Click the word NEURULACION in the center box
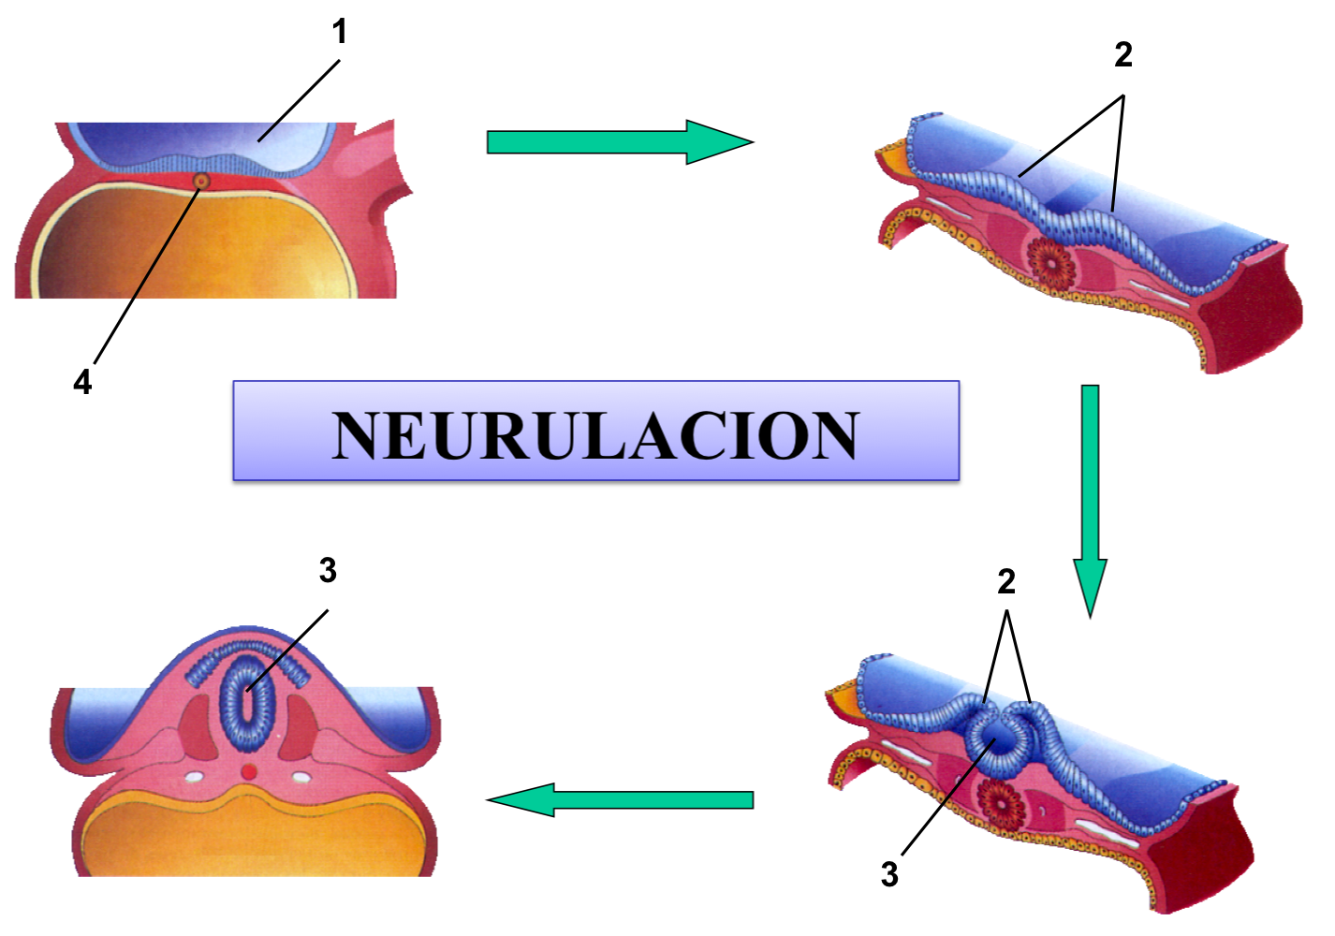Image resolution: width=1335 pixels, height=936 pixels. click(595, 434)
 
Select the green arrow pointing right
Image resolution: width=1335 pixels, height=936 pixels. click(618, 142)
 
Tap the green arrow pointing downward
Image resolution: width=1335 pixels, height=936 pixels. click(1090, 496)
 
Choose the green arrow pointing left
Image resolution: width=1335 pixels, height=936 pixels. click(622, 800)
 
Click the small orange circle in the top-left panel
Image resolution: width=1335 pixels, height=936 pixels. click(200, 181)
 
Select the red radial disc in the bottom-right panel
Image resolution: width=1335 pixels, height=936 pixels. click(1000, 803)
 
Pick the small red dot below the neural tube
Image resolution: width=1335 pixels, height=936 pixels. click(249, 771)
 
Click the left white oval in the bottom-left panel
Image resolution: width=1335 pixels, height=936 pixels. click(195, 776)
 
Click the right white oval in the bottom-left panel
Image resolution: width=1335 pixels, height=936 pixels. click(301, 776)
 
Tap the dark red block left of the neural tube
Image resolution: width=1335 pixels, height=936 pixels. click(198, 724)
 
